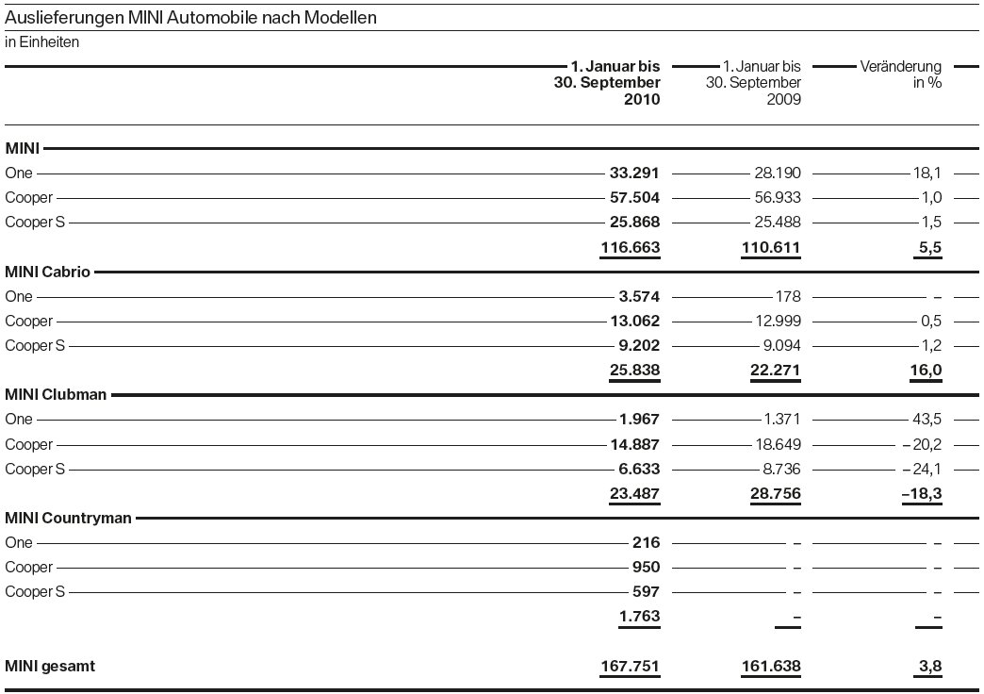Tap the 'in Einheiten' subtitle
(42, 42)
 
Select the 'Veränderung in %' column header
(901, 74)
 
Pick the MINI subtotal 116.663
(631, 248)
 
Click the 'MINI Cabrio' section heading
(48, 273)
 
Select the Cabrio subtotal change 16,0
(927, 371)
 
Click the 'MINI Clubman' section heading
(56, 395)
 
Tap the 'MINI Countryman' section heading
(68, 518)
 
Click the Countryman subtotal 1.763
(638, 617)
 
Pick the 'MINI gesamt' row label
(50, 667)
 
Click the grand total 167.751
(631, 667)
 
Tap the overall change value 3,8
(930, 667)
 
